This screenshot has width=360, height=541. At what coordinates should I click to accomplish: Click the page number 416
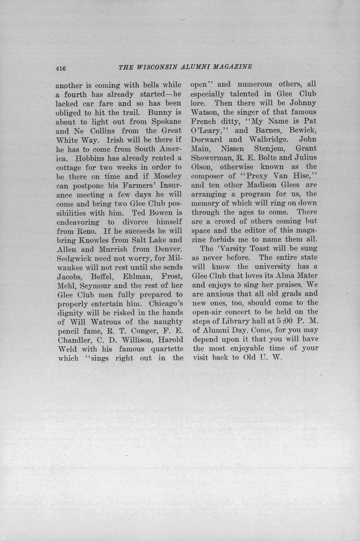point(60,69)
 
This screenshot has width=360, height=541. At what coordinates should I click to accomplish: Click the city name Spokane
point(166,122)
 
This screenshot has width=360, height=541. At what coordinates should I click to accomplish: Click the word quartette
point(164,349)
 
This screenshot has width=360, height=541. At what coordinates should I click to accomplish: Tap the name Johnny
point(303,103)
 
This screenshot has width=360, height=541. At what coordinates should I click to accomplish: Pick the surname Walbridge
point(266,139)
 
